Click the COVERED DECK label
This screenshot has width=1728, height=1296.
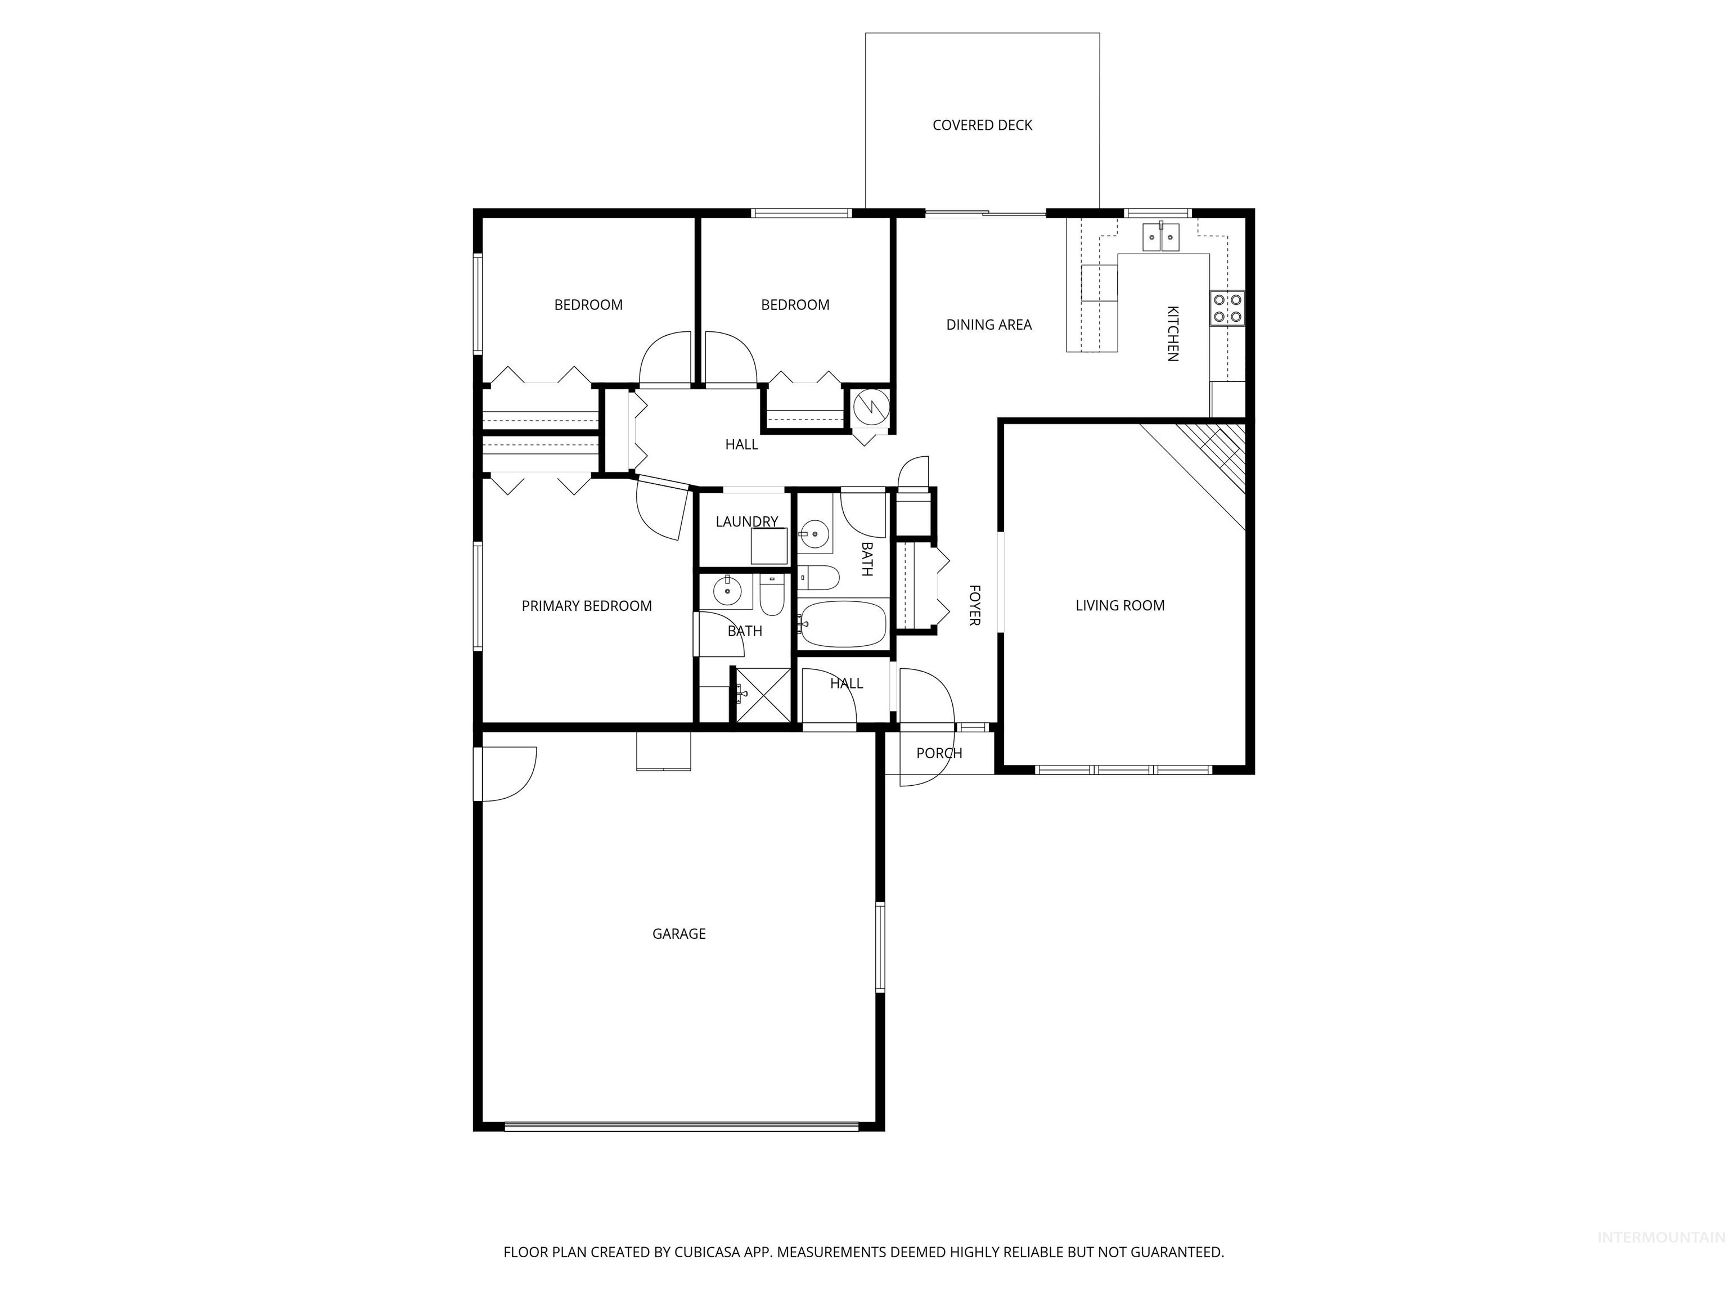[x=982, y=125]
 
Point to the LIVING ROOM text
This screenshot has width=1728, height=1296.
[x=1119, y=605]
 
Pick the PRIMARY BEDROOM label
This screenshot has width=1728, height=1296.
[x=587, y=605]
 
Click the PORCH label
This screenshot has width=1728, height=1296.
[x=939, y=753]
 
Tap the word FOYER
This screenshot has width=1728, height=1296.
[x=974, y=605]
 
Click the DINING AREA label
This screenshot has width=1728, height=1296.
[x=988, y=324]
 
